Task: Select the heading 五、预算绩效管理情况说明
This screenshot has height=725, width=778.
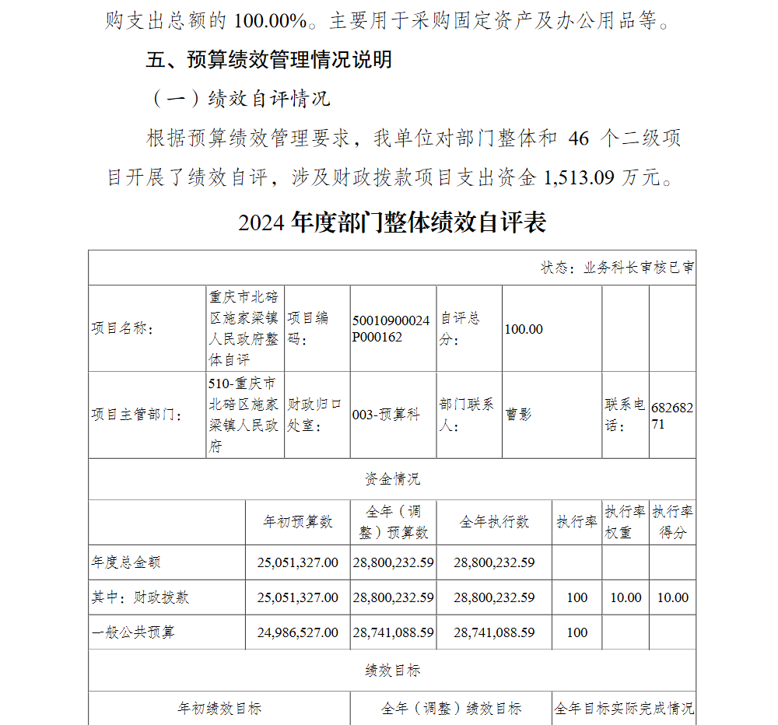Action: (x=268, y=60)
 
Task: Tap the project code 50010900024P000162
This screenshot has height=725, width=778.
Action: (x=391, y=329)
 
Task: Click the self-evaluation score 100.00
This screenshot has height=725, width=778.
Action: (x=524, y=329)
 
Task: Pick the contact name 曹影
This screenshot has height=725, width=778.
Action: (x=519, y=415)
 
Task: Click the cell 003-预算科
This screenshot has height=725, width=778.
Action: (x=386, y=415)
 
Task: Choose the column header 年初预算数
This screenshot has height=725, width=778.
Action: (x=298, y=522)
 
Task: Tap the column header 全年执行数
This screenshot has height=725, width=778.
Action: (x=494, y=522)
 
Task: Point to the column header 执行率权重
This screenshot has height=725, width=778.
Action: (x=626, y=522)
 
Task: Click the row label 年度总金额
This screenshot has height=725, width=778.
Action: (x=126, y=562)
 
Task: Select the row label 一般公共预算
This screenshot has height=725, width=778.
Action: (x=133, y=632)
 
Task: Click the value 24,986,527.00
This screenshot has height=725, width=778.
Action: (x=298, y=632)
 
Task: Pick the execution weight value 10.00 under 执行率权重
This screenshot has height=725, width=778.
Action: (x=626, y=597)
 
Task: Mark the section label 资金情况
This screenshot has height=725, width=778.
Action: (x=392, y=479)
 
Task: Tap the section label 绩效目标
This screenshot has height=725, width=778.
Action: (x=392, y=671)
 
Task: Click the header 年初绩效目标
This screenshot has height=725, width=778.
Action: (x=219, y=709)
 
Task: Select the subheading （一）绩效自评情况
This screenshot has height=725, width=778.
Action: (x=239, y=99)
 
